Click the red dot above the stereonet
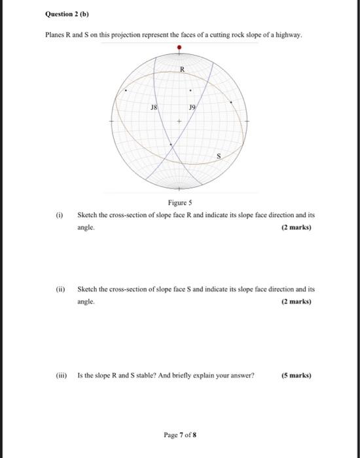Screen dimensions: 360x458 click(179, 48)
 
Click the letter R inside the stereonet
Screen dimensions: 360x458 click(183, 69)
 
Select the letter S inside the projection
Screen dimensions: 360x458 click(219, 156)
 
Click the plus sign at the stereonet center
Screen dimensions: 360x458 click(179, 122)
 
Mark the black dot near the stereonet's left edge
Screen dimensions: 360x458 click(126, 92)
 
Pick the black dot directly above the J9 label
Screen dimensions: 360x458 click(190, 91)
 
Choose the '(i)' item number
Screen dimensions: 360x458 click(61, 215)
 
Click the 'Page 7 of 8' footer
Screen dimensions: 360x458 click(179, 434)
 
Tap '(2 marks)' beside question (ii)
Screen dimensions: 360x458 click(295, 302)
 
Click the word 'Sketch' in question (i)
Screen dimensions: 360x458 click(88, 215)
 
